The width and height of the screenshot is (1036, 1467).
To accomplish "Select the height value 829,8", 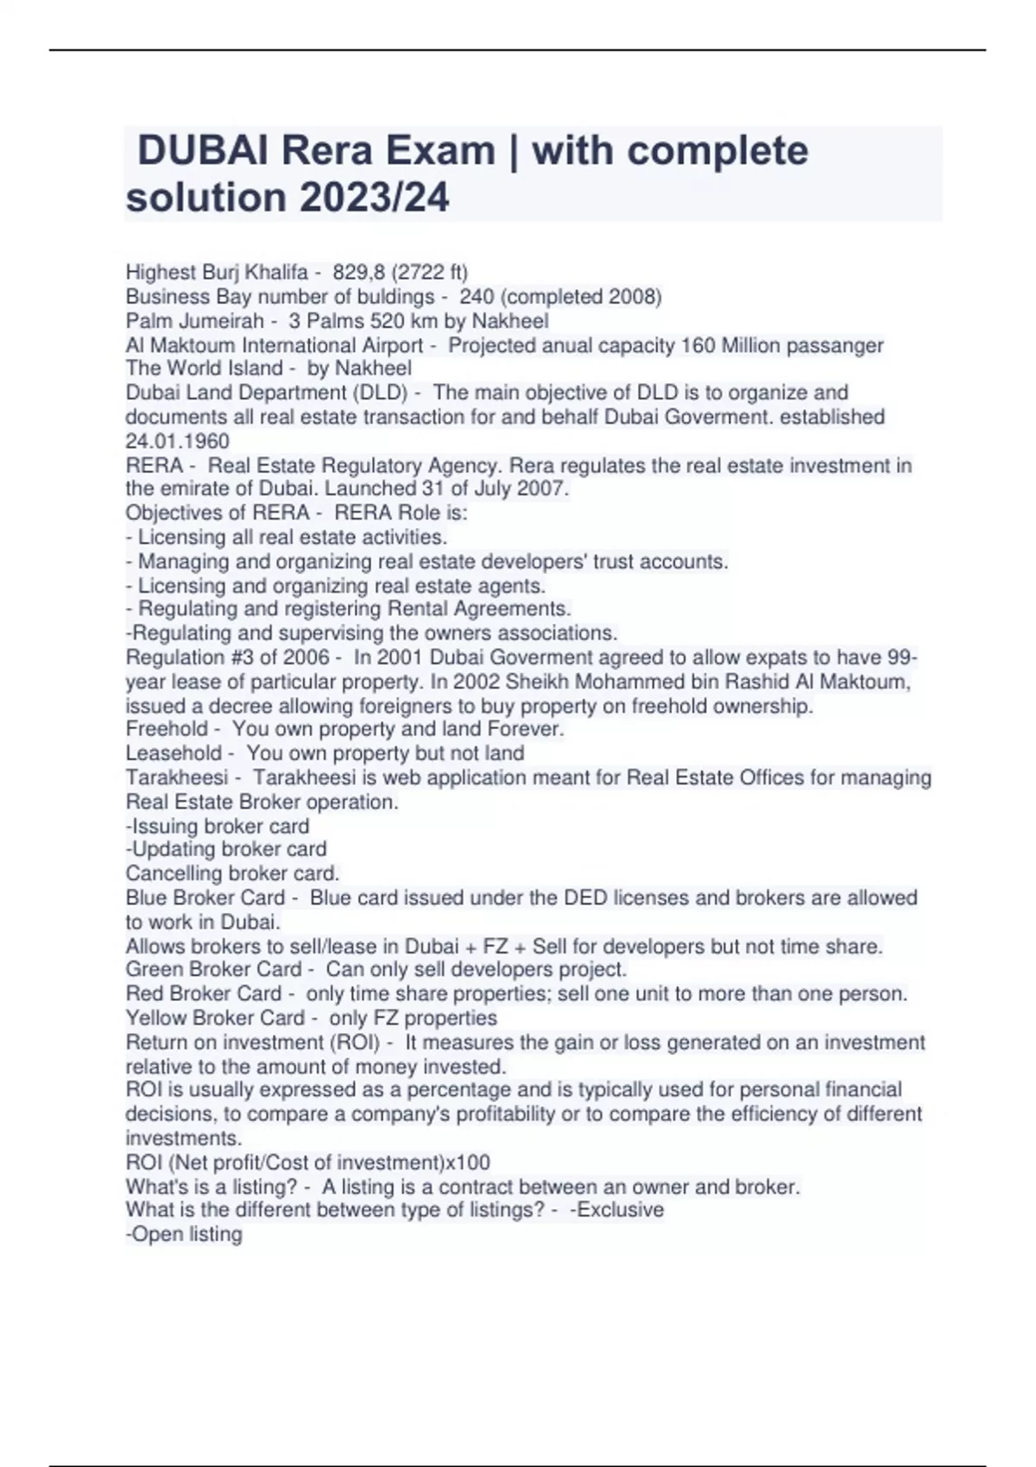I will point(359,273).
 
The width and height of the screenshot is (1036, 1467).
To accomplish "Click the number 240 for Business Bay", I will point(477,297).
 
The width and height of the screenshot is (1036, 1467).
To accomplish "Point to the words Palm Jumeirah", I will point(194,321).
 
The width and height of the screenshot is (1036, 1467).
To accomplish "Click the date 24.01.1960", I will point(177,441).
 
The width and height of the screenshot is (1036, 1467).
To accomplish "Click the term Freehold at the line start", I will point(167,729).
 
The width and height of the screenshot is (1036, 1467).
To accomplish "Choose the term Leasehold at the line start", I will point(173,753).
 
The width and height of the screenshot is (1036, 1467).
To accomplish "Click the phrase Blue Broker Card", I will point(205,897).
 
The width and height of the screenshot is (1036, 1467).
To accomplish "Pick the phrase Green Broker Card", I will point(213,969).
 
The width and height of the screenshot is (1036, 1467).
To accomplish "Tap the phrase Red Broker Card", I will point(203,993).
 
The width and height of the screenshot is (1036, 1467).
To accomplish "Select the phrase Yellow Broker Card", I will point(215,1017).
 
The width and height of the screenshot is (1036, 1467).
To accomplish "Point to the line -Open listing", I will point(184,1234).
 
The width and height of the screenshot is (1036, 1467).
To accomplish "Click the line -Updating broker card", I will point(226,849).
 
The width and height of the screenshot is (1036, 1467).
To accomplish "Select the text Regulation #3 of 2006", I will point(227,658).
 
